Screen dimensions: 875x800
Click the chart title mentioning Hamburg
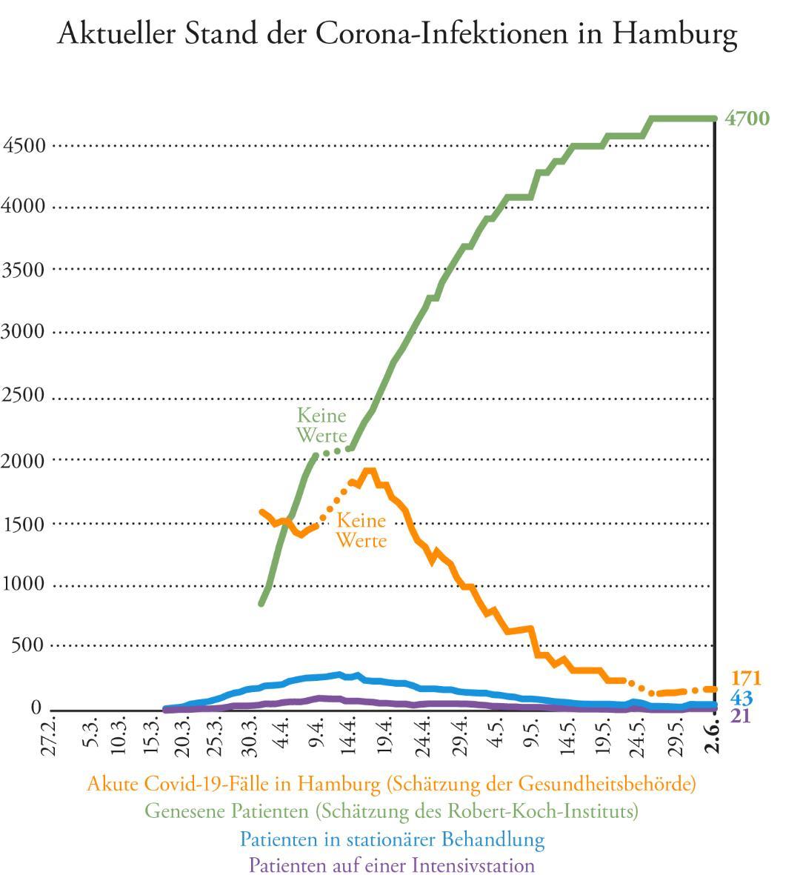[397, 34]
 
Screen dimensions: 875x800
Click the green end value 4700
[747, 119]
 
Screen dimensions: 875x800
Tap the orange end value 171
[746, 678]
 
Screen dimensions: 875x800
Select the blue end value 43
[741, 698]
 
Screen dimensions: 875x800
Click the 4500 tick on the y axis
[24, 145]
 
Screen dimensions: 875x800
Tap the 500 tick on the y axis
[28, 646]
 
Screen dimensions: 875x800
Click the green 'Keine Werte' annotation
[321, 425]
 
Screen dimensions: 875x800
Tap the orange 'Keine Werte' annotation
[361, 530]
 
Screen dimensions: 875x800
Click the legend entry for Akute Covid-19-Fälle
[391, 783]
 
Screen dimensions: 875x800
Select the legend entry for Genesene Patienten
[391, 811]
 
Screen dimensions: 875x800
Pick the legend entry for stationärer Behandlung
[392, 839]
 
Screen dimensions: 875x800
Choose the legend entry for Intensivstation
[391, 865]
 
